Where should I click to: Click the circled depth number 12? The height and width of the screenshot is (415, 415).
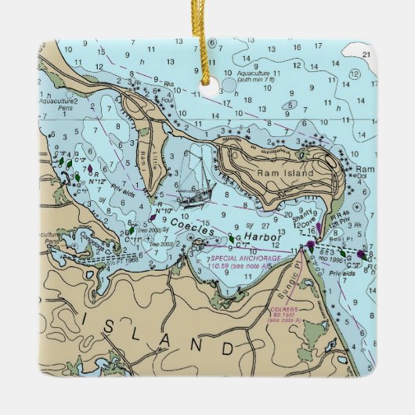[x=354, y=74]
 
